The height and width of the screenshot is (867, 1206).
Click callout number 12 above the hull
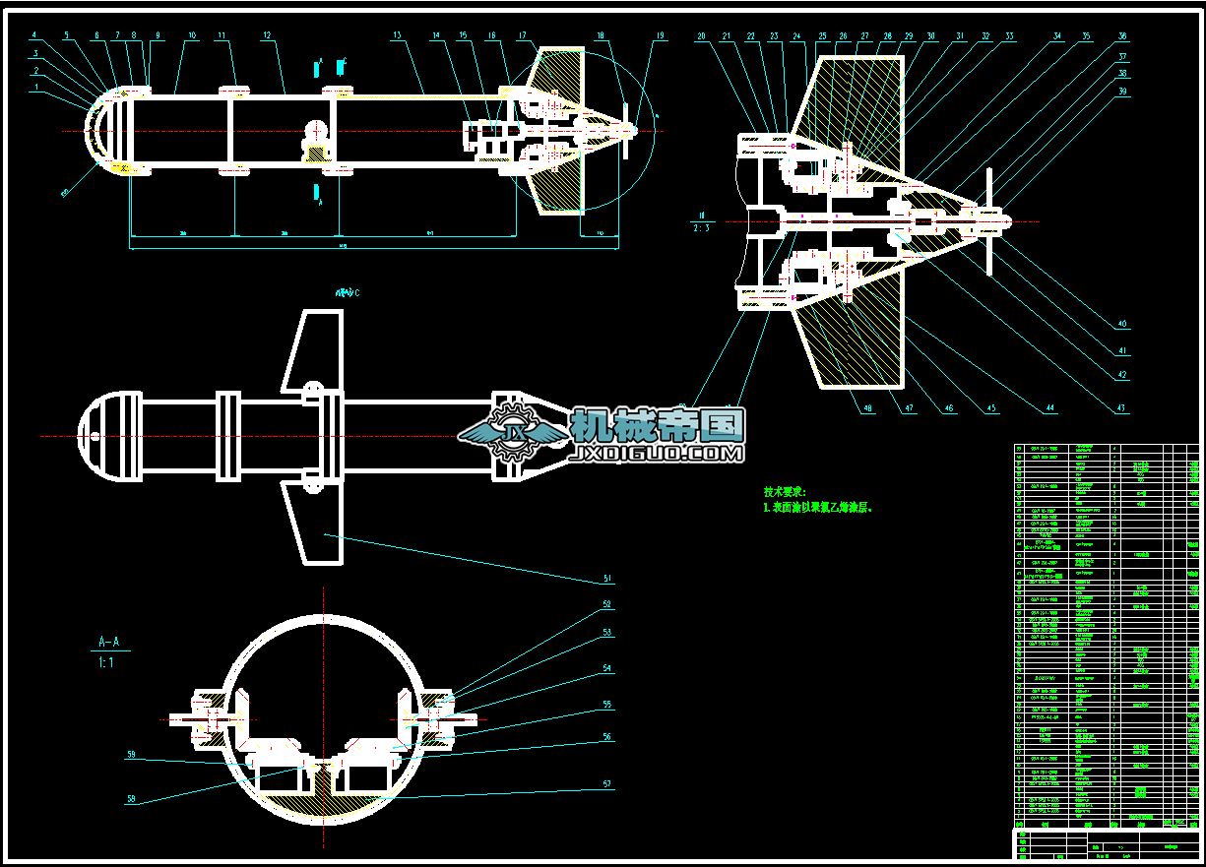[x=267, y=35]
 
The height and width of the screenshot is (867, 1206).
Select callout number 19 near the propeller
[x=660, y=35]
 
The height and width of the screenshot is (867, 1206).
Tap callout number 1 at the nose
[x=36, y=87]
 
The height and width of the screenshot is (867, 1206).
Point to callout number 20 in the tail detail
[x=701, y=35]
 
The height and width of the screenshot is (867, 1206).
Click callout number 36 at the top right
[x=1122, y=35]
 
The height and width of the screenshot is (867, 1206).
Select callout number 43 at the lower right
[x=1121, y=408]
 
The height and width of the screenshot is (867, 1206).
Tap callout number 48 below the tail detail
[x=868, y=408]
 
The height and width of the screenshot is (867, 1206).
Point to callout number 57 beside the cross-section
[x=607, y=784]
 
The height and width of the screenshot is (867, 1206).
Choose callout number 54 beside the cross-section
[x=607, y=668]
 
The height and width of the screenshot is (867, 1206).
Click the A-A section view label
[x=109, y=642]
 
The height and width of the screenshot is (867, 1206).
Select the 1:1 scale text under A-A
[x=106, y=663]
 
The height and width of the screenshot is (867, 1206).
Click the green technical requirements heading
[x=785, y=491]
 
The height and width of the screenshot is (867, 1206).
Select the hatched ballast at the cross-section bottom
[x=325, y=800]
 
